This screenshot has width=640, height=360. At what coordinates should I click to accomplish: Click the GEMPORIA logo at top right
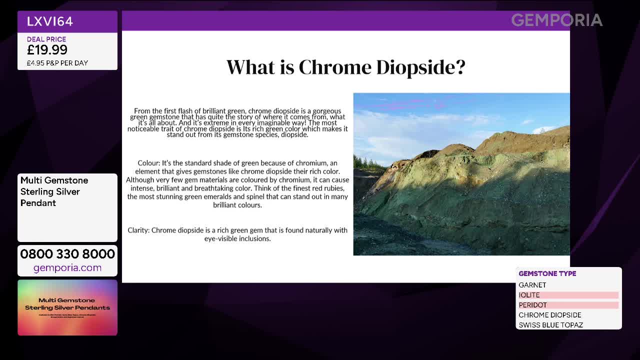pyautogui.click(x=556, y=20)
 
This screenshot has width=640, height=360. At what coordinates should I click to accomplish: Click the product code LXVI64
pyautogui.click(x=50, y=21)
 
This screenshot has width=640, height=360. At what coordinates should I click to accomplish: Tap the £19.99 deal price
pyautogui.click(x=47, y=49)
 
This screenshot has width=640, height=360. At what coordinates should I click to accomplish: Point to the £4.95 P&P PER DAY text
pyautogui.click(x=57, y=63)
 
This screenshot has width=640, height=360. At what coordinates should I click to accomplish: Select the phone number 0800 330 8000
pyautogui.click(x=67, y=254)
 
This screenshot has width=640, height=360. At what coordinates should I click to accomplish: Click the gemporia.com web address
pyautogui.click(x=67, y=268)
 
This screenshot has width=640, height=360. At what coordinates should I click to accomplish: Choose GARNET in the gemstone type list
pyautogui.click(x=532, y=285)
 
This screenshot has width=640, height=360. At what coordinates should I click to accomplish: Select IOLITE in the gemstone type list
pyautogui.click(x=529, y=295)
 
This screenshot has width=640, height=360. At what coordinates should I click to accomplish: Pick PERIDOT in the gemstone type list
pyautogui.click(x=533, y=305)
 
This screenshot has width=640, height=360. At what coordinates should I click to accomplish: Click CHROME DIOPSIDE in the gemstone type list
pyautogui.click(x=550, y=315)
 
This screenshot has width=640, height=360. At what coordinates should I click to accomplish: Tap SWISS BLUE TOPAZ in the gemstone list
pyautogui.click(x=551, y=325)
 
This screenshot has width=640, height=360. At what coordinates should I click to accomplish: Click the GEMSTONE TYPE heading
pyautogui.click(x=547, y=273)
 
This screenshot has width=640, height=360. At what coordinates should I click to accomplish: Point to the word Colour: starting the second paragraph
pyautogui.click(x=148, y=163)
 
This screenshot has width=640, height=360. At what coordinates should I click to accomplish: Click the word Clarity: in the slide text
pyautogui.click(x=138, y=230)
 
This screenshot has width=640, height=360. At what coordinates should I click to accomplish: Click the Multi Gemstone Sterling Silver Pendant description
pyautogui.click(x=54, y=191)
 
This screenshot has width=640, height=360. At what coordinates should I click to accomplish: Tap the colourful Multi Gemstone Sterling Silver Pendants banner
pyautogui.click(x=67, y=307)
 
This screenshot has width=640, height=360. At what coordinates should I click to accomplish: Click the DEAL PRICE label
pyautogui.click(x=46, y=39)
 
